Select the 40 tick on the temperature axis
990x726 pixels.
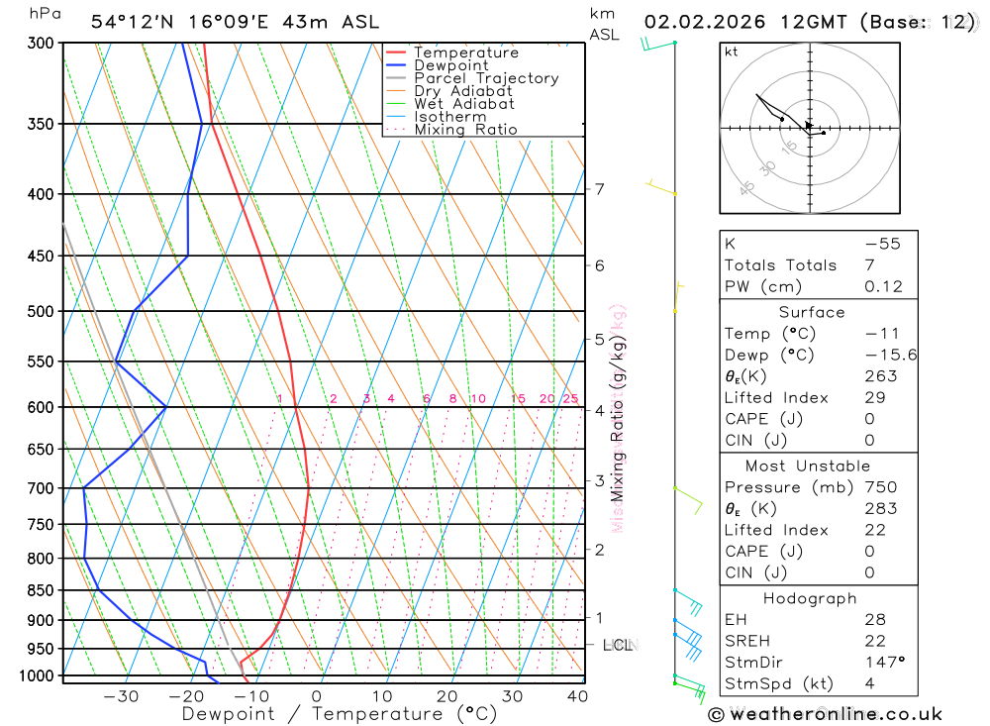tap(577, 696)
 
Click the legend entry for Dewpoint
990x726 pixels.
tap(450, 65)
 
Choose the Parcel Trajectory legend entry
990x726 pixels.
tap(485, 78)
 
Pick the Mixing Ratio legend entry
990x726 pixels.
tap(465, 129)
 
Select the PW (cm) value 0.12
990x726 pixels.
tap(883, 287)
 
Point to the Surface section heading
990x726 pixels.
tap(812, 312)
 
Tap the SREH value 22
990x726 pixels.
tap(875, 641)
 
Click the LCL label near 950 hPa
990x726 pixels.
tap(618, 645)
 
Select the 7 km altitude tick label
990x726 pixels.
tap(600, 189)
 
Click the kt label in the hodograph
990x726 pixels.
tap(732, 52)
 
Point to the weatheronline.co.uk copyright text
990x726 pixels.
tap(825, 714)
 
